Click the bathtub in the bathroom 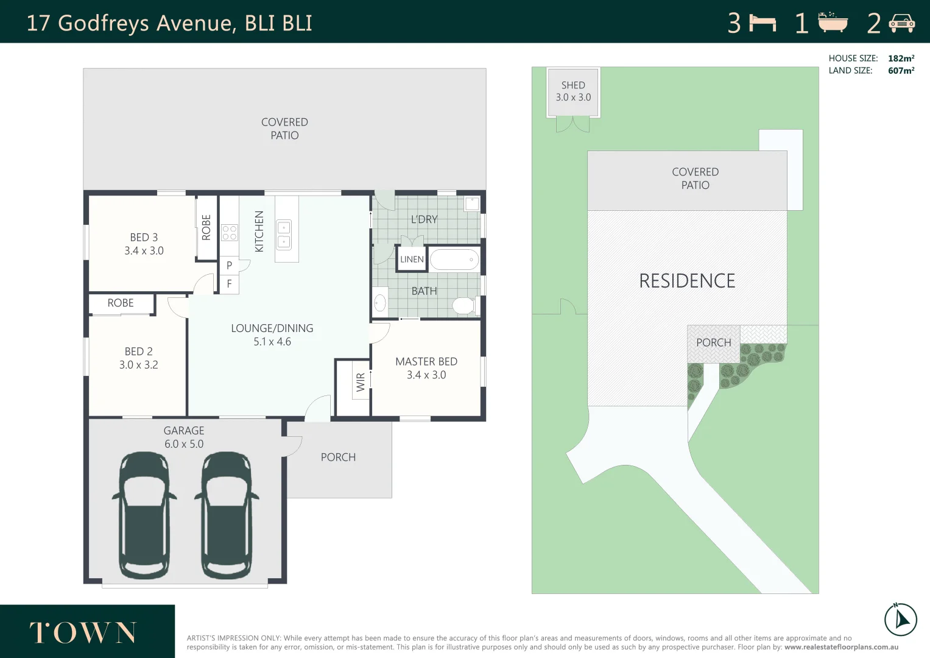pyautogui.click(x=454, y=260)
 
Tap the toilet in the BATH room pyautogui.click(x=464, y=305)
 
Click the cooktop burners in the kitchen pyautogui.click(x=230, y=233)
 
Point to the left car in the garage pyautogui.click(x=144, y=515)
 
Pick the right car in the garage pyautogui.click(x=227, y=515)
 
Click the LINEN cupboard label pyautogui.click(x=412, y=260)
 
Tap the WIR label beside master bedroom pyautogui.click(x=361, y=382)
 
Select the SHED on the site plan pyautogui.click(x=573, y=91)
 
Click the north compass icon pyautogui.click(x=900, y=620)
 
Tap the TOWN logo pyautogui.click(x=83, y=632)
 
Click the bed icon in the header pyautogui.click(x=763, y=23)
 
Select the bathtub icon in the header pyautogui.click(x=833, y=23)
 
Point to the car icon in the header pyautogui.click(x=901, y=23)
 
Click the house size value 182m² pyautogui.click(x=901, y=58)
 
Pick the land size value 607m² pyautogui.click(x=901, y=71)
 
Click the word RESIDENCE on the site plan pyautogui.click(x=687, y=281)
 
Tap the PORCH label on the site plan pyautogui.click(x=713, y=343)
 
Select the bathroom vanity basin pyautogui.click(x=380, y=302)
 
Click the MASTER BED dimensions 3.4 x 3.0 pyautogui.click(x=426, y=375)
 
